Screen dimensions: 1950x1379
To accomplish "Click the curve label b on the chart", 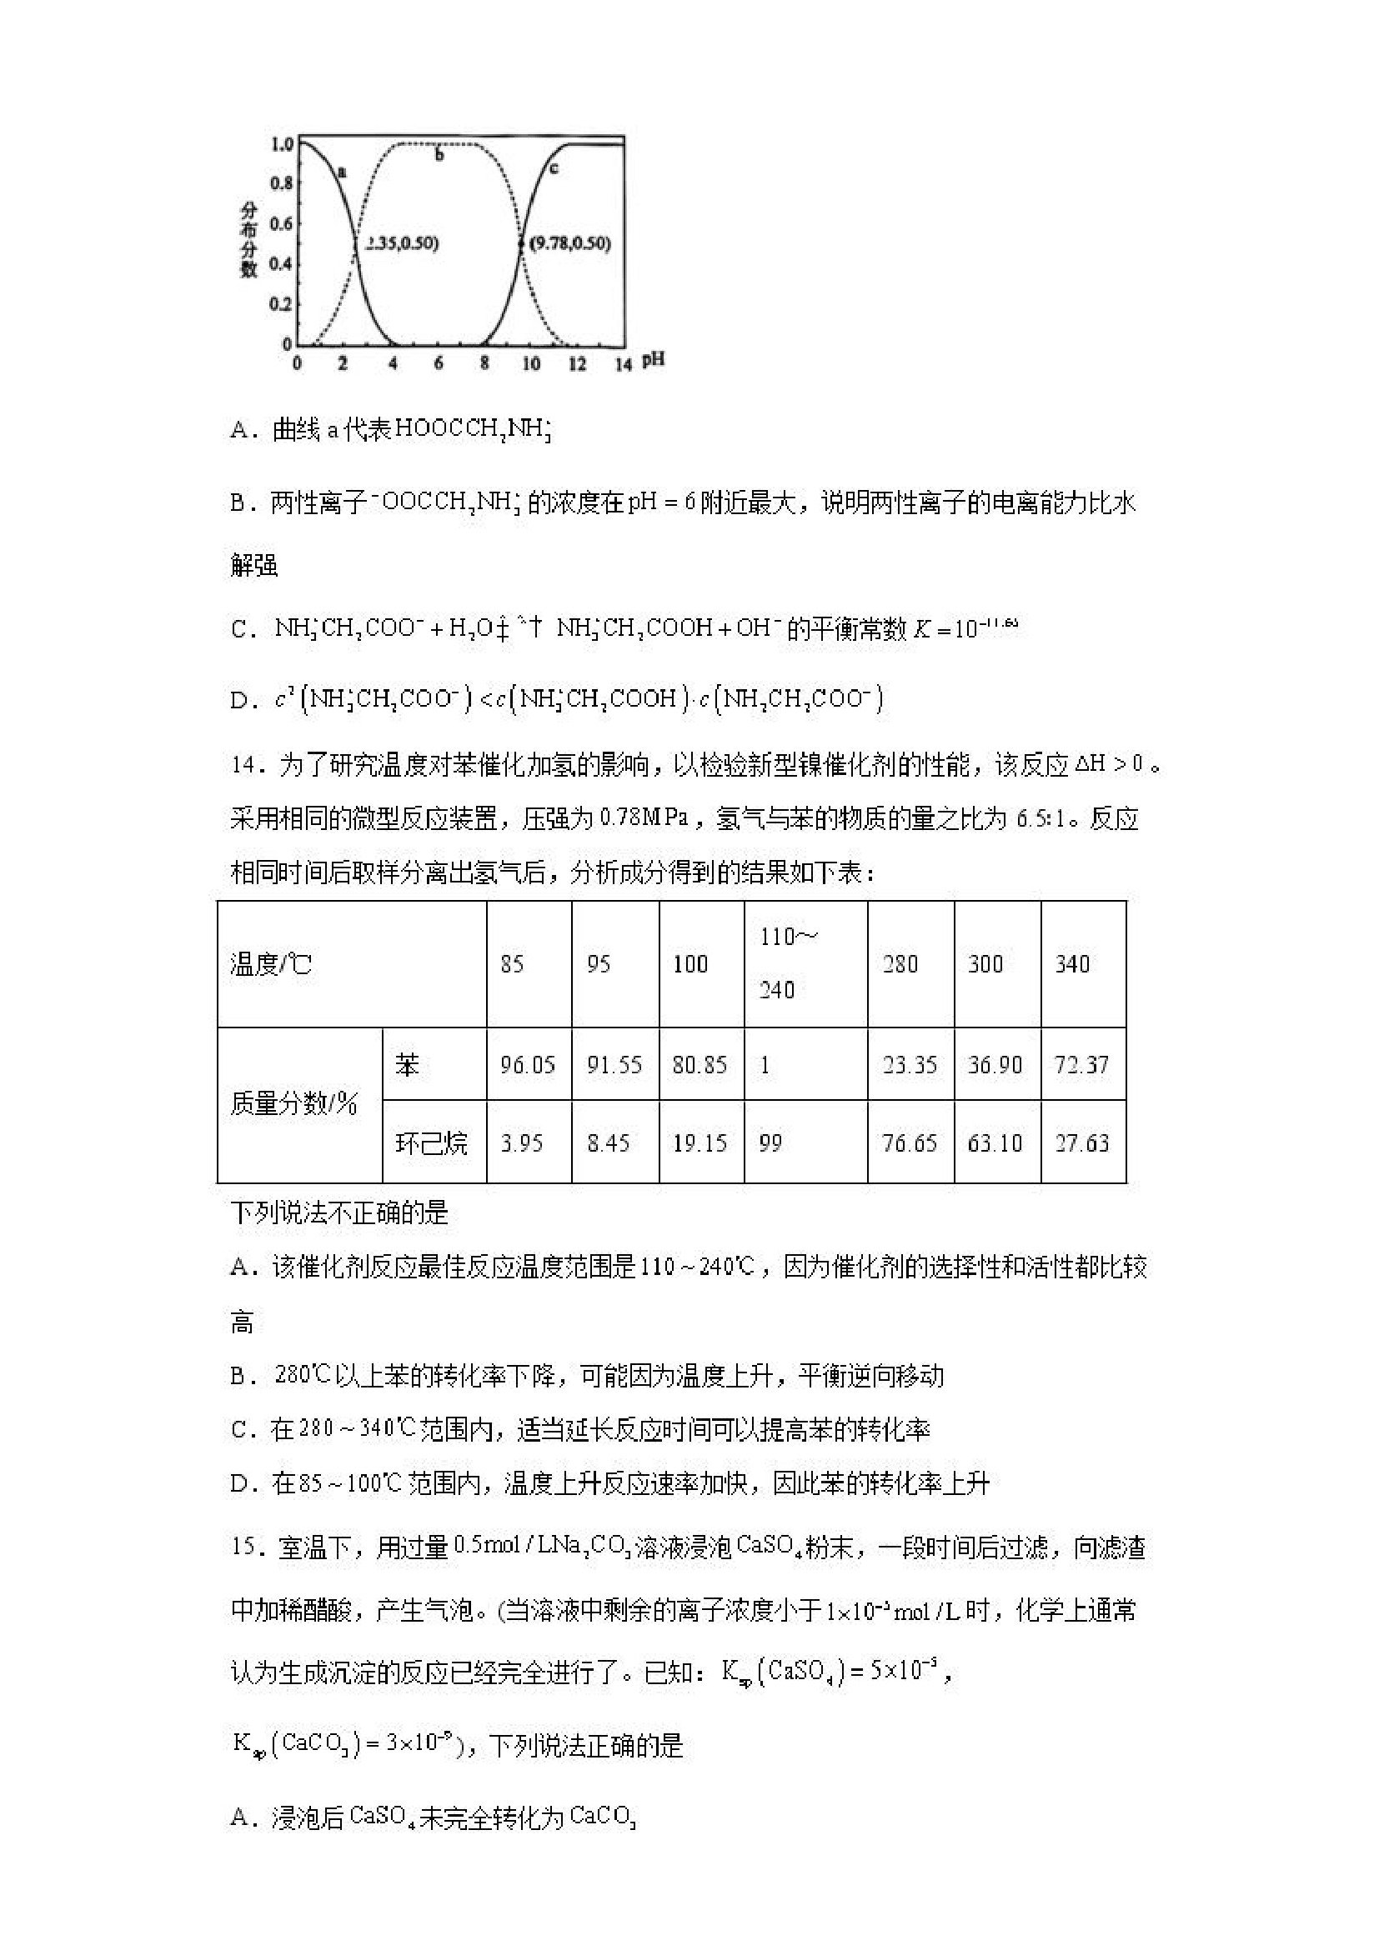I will (439, 156).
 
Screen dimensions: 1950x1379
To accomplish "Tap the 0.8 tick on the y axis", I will (281, 182).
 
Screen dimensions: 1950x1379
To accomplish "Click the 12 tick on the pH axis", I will (577, 363).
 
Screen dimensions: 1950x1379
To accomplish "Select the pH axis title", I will (653, 360).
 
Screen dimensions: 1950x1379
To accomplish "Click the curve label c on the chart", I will (554, 167).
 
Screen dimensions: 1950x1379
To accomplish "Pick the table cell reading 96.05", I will (528, 1064).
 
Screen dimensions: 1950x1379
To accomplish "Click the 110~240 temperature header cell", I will (805, 963).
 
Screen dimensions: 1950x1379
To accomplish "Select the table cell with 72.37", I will (1081, 1064).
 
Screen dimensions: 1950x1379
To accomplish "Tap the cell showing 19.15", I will (700, 1142).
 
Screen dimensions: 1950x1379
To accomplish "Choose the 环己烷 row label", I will (432, 1142).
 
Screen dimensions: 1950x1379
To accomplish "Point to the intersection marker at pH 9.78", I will (522, 243).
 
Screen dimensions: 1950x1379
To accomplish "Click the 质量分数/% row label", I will (294, 1103).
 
